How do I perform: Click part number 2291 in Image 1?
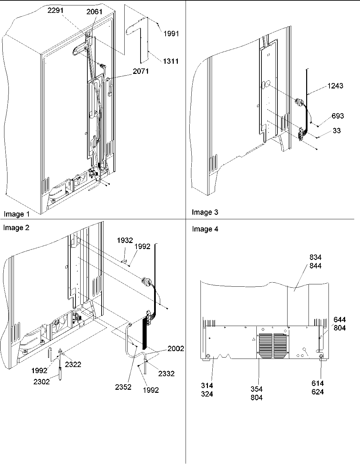tap(55, 11)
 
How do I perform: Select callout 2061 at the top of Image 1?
tap(94, 12)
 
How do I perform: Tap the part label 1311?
tap(171, 61)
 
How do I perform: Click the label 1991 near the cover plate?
tap(171, 34)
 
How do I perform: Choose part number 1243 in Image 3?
tap(335, 86)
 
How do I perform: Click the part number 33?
tap(336, 130)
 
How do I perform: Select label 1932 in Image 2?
tap(125, 240)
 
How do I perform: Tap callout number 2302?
tap(42, 382)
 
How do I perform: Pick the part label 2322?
tap(73, 364)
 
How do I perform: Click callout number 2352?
tap(123, 387)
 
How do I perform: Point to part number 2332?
tap(166, 373)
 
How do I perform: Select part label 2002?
tap(175, 348)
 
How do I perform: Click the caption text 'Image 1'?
tap(17, 214)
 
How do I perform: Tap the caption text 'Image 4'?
tap(205, 229)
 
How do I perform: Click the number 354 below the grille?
tap(256, 389)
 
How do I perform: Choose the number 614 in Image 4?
tap(317, 383)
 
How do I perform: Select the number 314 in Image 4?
tap(207, 386)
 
